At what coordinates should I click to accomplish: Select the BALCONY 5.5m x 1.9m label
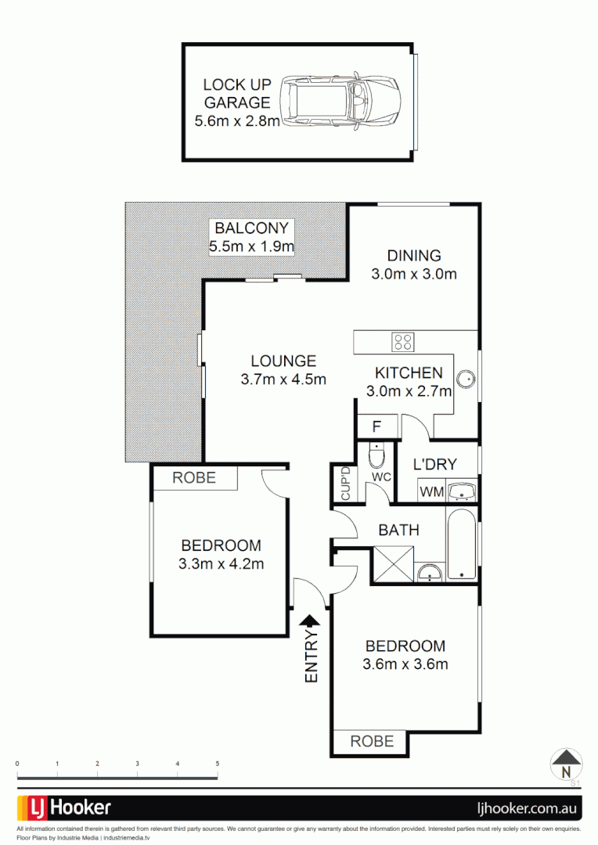[x=251, y=238]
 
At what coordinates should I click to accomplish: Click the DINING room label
[x=413, y=264]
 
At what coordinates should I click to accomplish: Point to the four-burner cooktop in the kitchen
[x=403, y=342]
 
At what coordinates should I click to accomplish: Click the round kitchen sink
[x=467, y=379]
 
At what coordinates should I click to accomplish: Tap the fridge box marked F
[x=376, y=427]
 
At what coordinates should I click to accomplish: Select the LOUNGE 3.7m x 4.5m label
[x=283, y=369]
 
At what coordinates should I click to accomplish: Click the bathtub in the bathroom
[x=462, y=545]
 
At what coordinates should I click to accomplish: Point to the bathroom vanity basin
[x=430, y=574]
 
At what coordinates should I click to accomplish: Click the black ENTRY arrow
[x=312, y=621]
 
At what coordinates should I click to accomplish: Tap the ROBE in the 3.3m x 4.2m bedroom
[x=195, y=478]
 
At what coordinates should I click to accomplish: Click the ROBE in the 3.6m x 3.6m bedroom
[x=372, y=741]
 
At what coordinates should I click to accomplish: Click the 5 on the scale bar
[x=217, y=763]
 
